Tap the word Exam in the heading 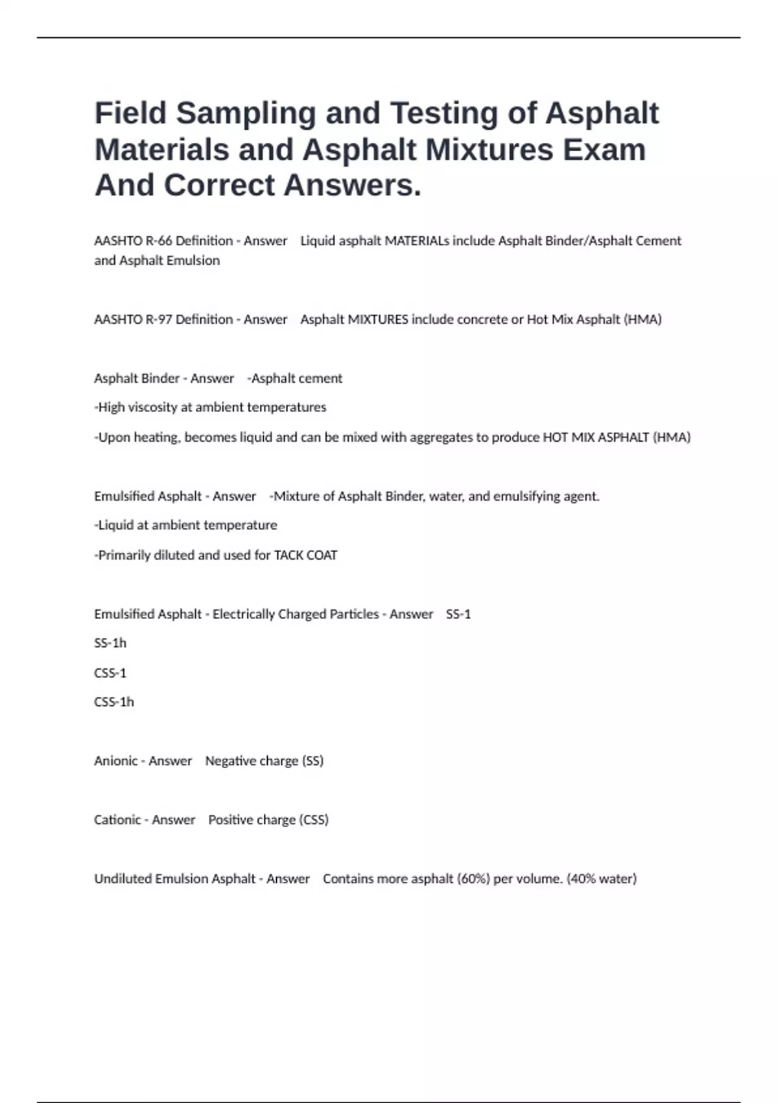click(x=604, y=150)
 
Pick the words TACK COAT click(x=305, y=555)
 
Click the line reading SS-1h click(x=110, y=643)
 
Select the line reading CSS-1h click(x=114, y=702)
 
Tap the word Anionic click(x=115, y=760)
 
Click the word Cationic click(x=117, y=819)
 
